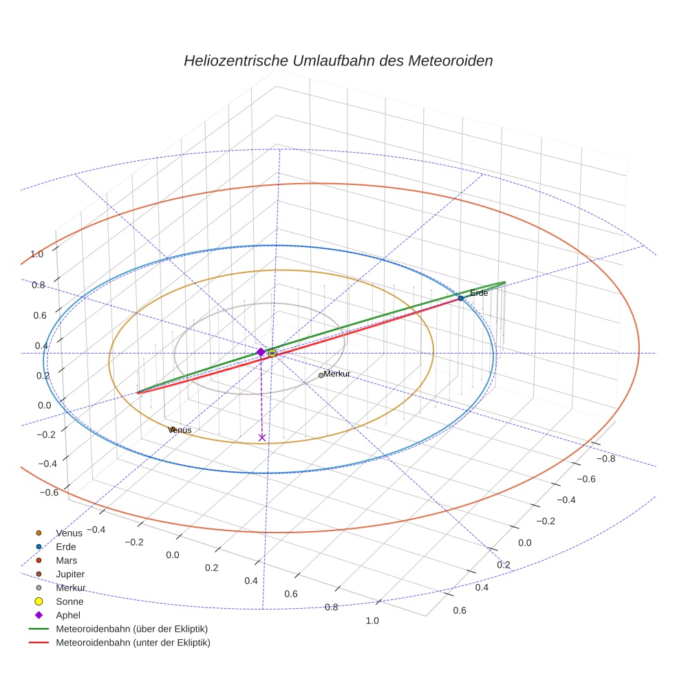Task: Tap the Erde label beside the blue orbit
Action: [479, 293]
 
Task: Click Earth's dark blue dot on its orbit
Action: [461, 298]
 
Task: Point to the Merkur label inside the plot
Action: [337, 374]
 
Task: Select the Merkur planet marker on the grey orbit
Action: [321, 375]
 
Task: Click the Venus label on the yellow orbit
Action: [180, 430]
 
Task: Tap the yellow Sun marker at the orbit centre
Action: [272, 353]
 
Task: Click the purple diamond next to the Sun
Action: [261, 352]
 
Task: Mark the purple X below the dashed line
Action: [261, 438]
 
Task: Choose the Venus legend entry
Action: [69, 533]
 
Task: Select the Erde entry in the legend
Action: [66, 547]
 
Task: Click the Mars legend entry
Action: [66, 561]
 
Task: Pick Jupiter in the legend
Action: [70, 574]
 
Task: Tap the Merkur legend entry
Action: [70, 588]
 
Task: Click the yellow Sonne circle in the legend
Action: [39, 601]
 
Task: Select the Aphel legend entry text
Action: [68, 615]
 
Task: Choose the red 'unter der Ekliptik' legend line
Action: [39, 643]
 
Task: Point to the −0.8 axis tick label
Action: [605, 458]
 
